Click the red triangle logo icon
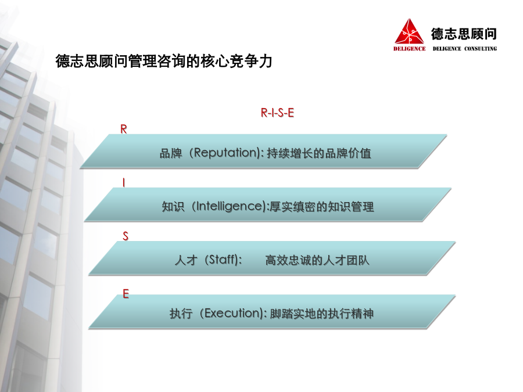point(409,32)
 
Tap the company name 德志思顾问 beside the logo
point(464,34)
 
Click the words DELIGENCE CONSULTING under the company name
point(465,49)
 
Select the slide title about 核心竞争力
point(164,61)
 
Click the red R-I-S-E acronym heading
point(278,113)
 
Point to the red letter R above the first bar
point(124,129)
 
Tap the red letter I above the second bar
point(124,183)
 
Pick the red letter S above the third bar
point(126,236)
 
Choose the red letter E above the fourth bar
point(126,294)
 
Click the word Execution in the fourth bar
point(233,314)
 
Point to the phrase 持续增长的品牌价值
point(319,153)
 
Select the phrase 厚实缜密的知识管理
point(321,207)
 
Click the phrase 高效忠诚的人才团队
point(317,260)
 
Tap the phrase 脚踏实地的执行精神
point(321,314)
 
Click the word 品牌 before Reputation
point(171,153)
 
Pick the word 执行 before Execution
point(181,314)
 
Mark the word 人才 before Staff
point(186,260)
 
